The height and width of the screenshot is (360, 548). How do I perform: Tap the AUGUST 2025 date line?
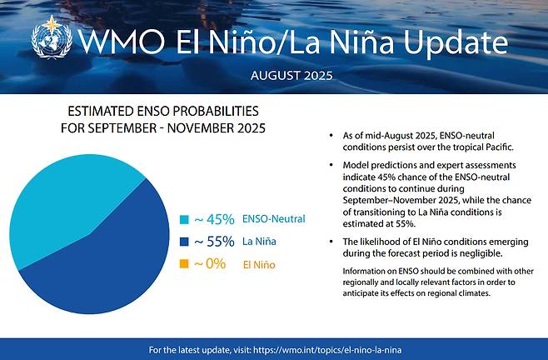(291, 75)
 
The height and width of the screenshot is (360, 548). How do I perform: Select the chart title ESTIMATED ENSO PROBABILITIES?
(163, 111)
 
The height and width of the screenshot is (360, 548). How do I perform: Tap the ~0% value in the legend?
(210, 265)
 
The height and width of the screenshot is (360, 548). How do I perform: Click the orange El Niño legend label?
(258, 265)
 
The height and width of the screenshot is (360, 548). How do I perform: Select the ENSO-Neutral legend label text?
(273, 220)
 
